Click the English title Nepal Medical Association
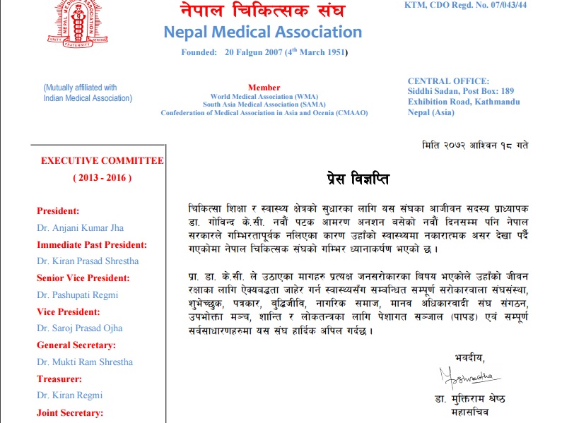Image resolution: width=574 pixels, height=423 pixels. (262, 32)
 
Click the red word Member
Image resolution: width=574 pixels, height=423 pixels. (264, 87)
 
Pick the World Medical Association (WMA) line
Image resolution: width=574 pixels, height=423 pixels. (264, 96)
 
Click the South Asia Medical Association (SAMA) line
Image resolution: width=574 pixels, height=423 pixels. (264, 105)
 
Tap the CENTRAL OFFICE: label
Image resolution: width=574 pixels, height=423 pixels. (448, 81)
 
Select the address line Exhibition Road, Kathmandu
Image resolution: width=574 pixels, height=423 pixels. (464, 102)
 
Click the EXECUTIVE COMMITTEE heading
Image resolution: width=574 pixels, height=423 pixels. (102, 161)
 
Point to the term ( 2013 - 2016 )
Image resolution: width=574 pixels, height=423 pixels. (102, 177)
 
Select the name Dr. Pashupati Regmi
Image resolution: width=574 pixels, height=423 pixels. (78, 294)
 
